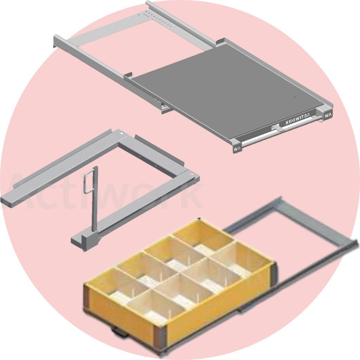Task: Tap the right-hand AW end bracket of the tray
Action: coord(327,115)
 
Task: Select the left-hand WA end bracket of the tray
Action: coord(237,148)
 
